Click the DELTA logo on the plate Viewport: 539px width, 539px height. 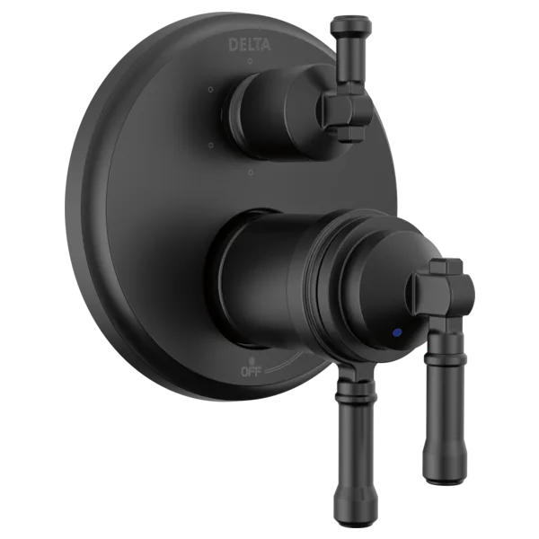(250, 44)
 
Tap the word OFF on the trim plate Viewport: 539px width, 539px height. (252, 372)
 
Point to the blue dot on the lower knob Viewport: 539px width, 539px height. (398, 332)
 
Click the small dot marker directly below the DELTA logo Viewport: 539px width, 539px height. (251, 61)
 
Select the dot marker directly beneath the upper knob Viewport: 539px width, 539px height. (251, 172)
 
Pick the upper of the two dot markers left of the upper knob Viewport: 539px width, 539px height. (211, 90)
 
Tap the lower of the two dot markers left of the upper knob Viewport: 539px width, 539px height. (211, 145)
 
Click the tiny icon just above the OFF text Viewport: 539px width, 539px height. (252, 361)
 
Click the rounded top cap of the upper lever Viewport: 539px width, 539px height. (350, 24)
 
